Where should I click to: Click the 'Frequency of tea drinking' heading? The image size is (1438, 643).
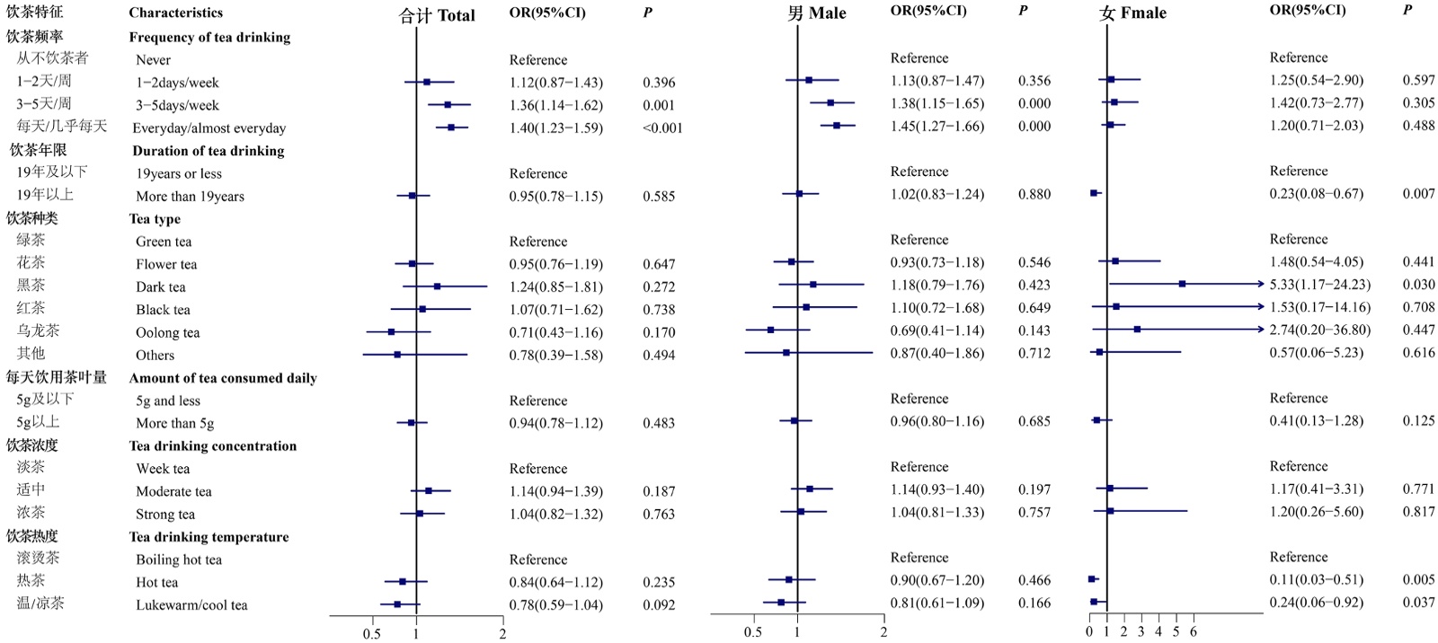(x=209, y=38)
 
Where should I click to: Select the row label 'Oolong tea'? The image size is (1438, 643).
(x=167, y=332)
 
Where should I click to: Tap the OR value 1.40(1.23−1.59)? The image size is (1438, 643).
(x=555, y=128)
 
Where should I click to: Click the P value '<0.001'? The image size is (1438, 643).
(x=662, y=128)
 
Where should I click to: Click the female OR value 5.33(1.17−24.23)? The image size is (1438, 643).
(x=1319, y=285)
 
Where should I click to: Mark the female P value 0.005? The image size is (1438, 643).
(x=1418, y=579)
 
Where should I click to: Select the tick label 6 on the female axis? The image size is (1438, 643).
(x=1194, y=632)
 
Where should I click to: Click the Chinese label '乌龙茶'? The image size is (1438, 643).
(x=38, y=330)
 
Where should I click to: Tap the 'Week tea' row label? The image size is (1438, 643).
(x=163, y=469)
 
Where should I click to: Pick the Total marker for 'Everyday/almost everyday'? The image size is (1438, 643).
(x=451, y=128)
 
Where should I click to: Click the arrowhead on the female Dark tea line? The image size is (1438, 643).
(x=1260, y=284)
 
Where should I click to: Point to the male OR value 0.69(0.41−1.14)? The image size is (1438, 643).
(x=936, y=330)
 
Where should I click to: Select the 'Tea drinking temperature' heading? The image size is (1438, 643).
(x=209, y=537)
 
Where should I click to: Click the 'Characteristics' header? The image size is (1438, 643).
(x=175, y=13)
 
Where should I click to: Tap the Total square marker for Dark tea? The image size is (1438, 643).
(x=437, y=286)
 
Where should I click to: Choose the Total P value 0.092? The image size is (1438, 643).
(x=659, y=605)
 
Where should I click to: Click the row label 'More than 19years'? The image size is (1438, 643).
(x=190, y=197)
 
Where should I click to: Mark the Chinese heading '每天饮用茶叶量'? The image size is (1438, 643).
(x=57, y=377)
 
